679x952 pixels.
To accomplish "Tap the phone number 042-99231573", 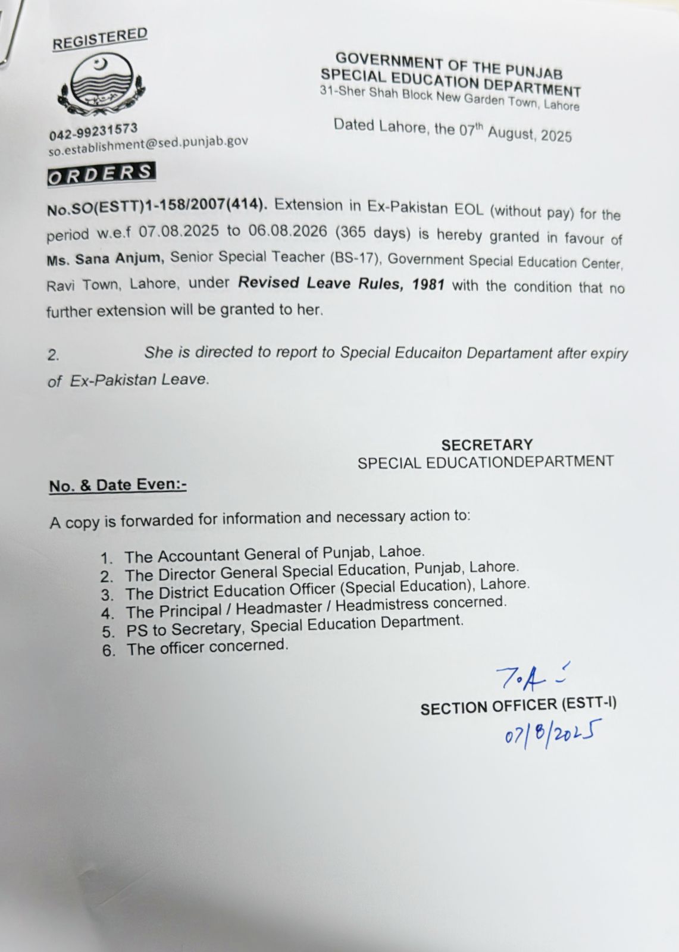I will click(93, 131).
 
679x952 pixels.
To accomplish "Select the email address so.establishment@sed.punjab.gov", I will click(148, 144).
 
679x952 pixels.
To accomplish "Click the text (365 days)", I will click(373, 233).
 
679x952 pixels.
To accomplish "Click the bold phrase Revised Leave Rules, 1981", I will click(341, 283).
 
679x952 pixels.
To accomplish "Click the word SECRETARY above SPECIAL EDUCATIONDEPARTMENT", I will click(487, 444).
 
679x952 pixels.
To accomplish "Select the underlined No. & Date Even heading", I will click(118, 486).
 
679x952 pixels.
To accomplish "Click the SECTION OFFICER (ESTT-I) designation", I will click(518, 706).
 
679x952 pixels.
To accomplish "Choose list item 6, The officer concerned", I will click(206, 647).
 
